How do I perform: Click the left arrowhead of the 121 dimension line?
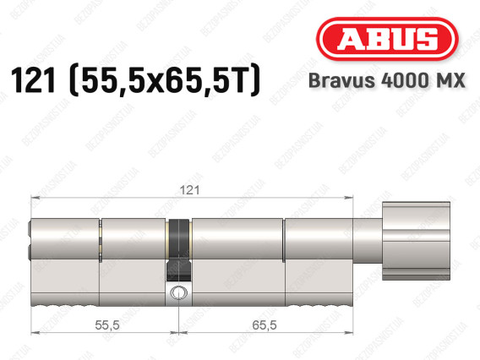point(35,199)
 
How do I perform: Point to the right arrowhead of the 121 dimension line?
point(349,199)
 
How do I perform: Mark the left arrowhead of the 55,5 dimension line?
point(35,335)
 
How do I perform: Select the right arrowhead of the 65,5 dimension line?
point(349,335)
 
